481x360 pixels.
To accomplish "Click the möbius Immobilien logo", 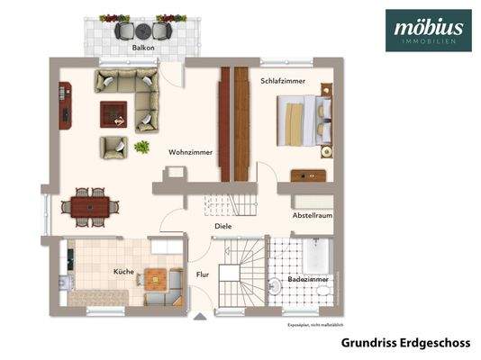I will [x=428, y=30].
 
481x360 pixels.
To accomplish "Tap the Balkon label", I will [x=141, y=48].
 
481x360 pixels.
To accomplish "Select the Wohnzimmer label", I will [x=190, y=152].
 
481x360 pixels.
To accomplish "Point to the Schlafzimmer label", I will [x=283, y=81].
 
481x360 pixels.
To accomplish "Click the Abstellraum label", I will [x=312, y=217].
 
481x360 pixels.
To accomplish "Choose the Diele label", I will [x=222, y=227].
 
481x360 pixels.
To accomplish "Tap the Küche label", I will [x=123, y=271].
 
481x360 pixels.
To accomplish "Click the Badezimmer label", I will [x=308, y=280].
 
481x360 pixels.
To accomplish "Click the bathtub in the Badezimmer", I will [x=316, y=256].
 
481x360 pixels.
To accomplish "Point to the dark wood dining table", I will [x=90, y=205].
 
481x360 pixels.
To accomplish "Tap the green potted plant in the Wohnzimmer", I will [x=141, y=147].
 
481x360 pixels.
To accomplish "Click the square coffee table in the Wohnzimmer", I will [x=113, y=114].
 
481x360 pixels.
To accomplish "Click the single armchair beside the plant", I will [x=114, y=147].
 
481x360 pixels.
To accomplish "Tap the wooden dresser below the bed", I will [x=306, y=175].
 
